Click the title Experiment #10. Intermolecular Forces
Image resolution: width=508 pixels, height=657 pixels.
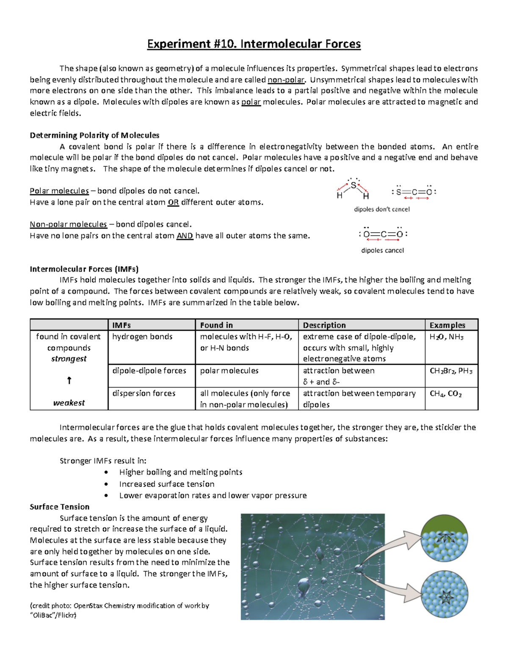click(254, 44)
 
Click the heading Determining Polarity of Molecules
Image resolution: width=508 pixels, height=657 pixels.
click(94, 135)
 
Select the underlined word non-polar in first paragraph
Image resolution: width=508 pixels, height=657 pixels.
click(286, 80)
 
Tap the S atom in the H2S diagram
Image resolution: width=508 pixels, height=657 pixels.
click(353, 185)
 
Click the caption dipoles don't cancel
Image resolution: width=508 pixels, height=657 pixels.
click(382, 209)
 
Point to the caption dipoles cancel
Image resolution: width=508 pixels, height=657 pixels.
click(382, 250)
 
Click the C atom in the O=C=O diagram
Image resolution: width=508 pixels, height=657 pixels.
click(384, 234)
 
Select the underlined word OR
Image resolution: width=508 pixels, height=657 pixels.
click(173, 202)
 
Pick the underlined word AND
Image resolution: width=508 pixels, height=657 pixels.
click(185, 236)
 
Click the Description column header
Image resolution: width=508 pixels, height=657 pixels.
click(324, 325)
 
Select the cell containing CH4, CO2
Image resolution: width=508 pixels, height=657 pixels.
click(445, 393)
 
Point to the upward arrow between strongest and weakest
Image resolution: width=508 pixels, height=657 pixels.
click(69, 381)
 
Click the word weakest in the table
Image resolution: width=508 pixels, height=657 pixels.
click(69, 403)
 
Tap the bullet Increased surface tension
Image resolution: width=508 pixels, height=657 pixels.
click(167, 484)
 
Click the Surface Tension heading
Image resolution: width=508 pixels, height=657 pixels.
click(60, 507)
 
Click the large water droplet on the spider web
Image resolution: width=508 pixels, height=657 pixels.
click(304, 586)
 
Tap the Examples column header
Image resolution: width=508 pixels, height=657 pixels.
click(447, 325)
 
